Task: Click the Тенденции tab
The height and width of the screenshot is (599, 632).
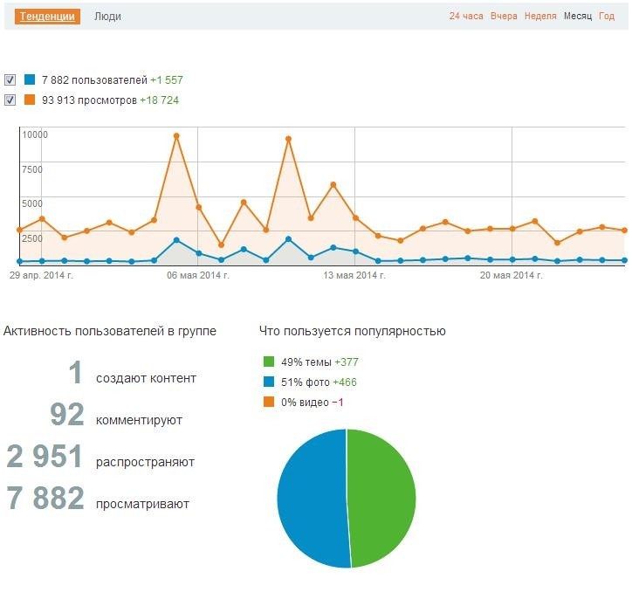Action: [x=49, y=17]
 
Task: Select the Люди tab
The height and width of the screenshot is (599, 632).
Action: [x=107, y=17]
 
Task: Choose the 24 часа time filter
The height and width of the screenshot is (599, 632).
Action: [x=466, y=17]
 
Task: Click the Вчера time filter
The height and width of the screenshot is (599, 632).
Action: [x=504, y=17]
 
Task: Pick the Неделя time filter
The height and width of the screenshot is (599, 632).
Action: [x=540, y=17]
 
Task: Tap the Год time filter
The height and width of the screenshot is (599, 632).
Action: [x=607, y=17]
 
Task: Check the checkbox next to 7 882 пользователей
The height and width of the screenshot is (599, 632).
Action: [x=10, y=79]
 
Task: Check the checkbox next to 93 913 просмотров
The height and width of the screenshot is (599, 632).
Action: [x=10, y=100]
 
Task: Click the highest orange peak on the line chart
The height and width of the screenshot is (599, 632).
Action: [x=176, y=136]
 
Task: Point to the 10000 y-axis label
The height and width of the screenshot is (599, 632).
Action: [x=35, y=134]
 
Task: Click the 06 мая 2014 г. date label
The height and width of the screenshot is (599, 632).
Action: [x=198, y=276]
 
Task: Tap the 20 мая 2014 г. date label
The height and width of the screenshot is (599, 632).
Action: [x=512, y=276]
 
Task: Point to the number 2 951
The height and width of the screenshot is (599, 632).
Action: [x=45, y=457]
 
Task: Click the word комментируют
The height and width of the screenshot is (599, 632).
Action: [x=139, y=420]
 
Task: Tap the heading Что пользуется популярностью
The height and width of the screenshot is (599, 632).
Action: [x=352, y=331]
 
